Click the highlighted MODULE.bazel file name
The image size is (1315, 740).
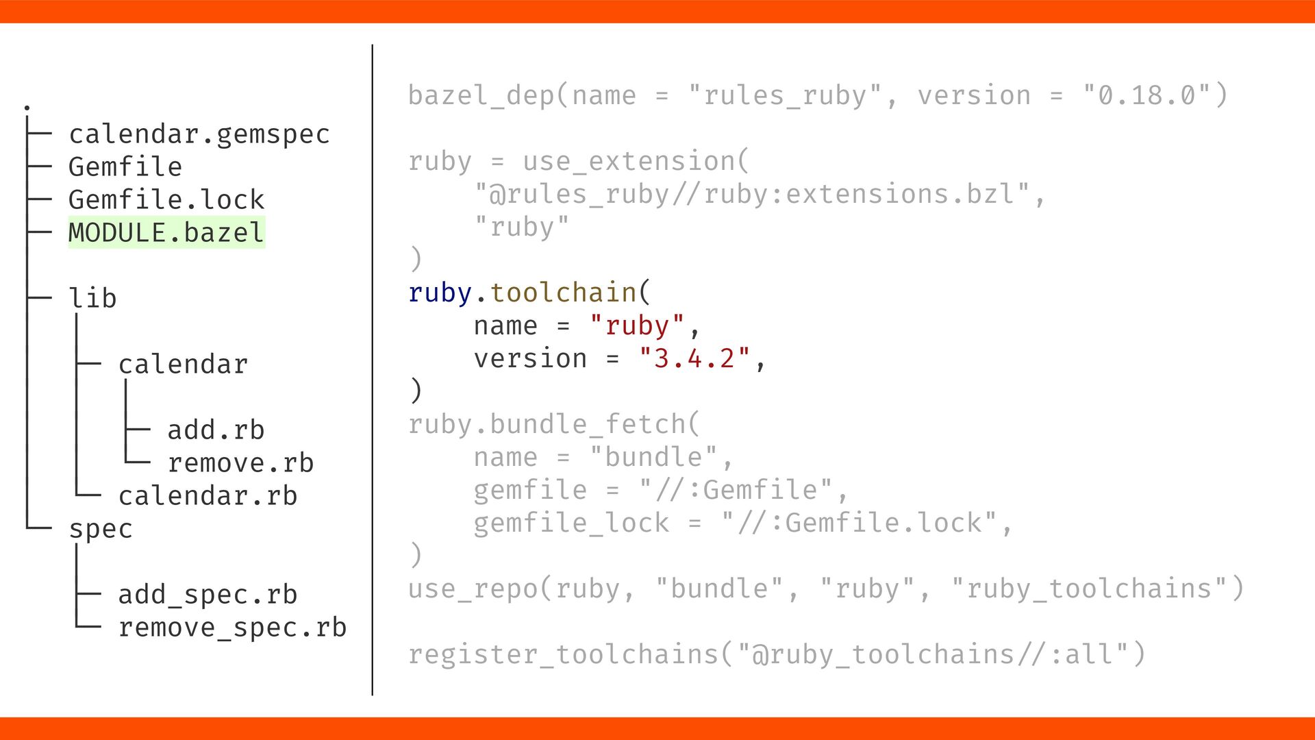point(166,233)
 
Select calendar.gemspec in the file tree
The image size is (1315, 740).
point(199,134)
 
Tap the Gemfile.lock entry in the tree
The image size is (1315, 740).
point(166,200)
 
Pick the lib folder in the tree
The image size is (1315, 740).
point(92,299)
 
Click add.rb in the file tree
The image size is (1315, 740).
point(216,430)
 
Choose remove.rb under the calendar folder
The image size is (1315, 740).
point(240,463)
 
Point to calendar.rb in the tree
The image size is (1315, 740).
point(208,496)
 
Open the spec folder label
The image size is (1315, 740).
point(101,529)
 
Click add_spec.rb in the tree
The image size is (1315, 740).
point(208,595)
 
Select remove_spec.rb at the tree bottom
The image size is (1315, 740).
point(232,628)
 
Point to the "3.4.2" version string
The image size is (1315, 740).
point(694,359)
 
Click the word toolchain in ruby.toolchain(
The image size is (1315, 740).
point(563,293)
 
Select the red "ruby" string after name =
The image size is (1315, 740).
point(637,326)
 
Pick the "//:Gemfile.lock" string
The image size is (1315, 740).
point(859,523)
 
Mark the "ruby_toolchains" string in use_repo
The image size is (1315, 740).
point(1089,589)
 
